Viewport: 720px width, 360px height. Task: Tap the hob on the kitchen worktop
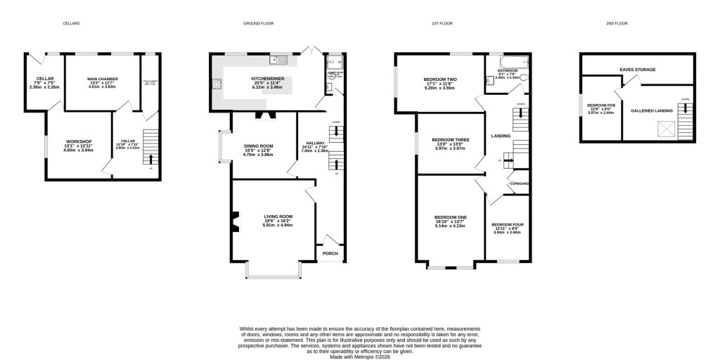point(217,84)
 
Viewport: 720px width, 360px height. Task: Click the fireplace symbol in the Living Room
point(235,221)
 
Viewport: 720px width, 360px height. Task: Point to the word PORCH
point(330,253)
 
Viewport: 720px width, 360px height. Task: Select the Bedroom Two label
point(440,79)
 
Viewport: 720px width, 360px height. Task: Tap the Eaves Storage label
point(637,70)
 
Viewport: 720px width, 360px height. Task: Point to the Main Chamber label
point(102,79)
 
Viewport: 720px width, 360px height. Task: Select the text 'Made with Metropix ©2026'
point(360,355)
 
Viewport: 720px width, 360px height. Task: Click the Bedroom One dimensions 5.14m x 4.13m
point(451,226)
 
